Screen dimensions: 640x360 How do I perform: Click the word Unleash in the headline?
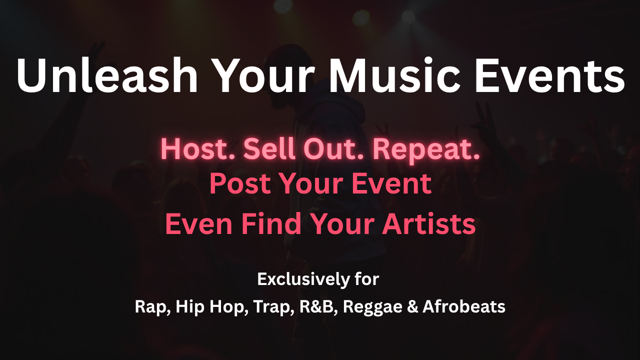(x=107, y=75)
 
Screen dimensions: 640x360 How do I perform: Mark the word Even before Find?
(x=199, y=224)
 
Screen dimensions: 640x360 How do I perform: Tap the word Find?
(x=271, y=224)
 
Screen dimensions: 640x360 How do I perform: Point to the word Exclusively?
(x=303, y=279)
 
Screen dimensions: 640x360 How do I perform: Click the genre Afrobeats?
(x=464, y=306)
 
